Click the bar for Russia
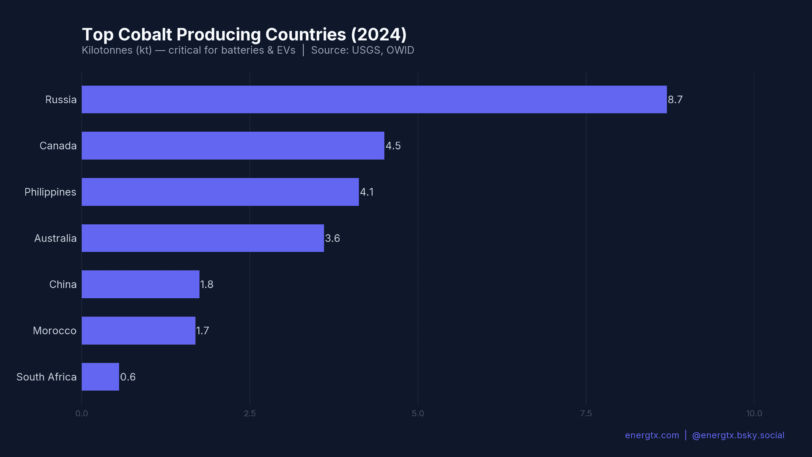[x=374, y=99]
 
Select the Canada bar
[x=233, y=146]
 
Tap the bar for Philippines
[x=220, y=192]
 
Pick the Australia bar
[x=203, y=238]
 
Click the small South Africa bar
[x=100, y=377]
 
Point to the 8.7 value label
[x=675, y=99]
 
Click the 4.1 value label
[x=367, y=192]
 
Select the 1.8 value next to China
[x=206, y=284]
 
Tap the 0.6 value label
[x=128, y=377]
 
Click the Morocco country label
[x=55, y=330]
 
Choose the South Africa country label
[x=47, y=377]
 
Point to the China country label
[x=63, y=284]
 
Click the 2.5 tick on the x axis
[x=250, y=413]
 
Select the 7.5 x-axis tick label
[x=586, y=413]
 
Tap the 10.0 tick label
[x=754, y=413]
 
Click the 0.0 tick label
[x=82, y=413]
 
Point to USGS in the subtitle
[x=366, y=50]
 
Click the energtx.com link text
[x=652, y=435]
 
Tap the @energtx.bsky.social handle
[x=738, y=435]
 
